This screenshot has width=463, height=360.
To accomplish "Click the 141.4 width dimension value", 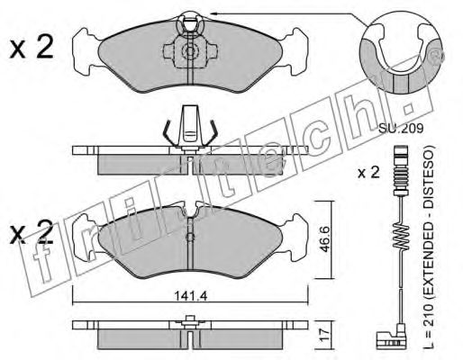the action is [191, 296].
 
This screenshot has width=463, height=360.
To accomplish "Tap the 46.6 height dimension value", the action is [323, 238].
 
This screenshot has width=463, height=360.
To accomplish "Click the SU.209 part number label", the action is [401, 129].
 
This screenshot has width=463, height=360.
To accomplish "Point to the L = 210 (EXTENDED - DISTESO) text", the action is [429, 248].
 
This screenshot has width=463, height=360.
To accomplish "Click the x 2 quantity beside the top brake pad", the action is [32, 47].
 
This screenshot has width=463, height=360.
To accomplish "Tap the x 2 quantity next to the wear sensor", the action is [368, 173].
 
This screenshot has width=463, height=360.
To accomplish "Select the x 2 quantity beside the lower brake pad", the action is [32, 232].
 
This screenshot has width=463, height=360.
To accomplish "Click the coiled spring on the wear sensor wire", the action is [401, 237].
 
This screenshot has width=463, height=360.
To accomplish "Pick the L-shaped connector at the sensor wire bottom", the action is [390, 337].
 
